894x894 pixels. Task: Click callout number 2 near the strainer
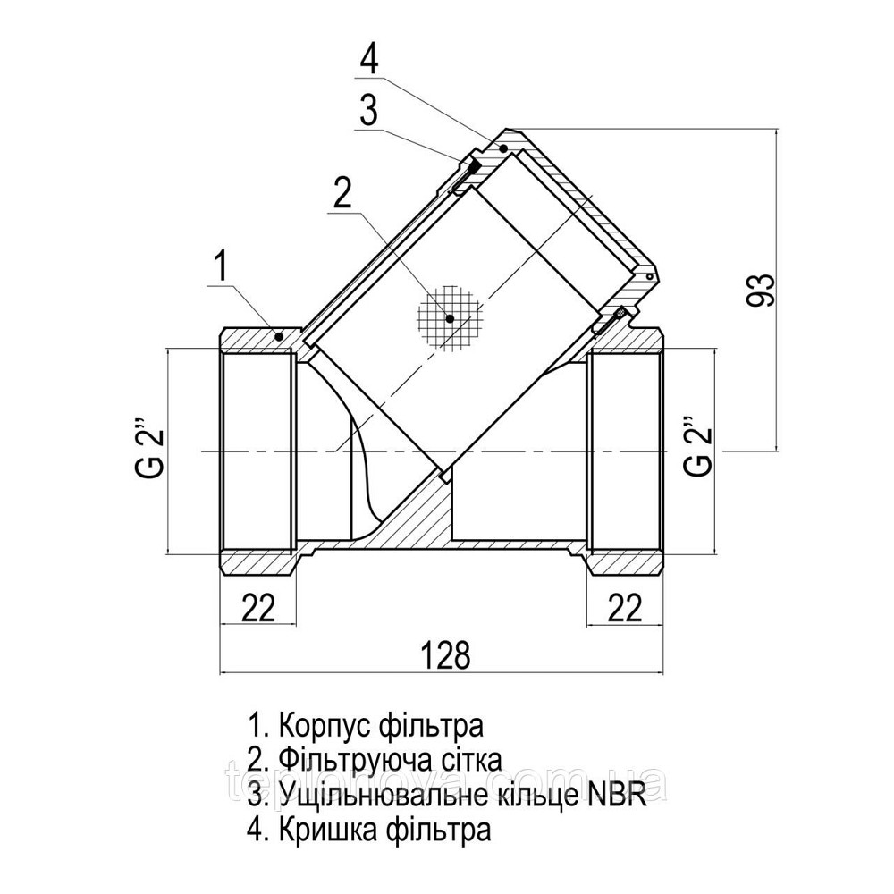(342, 194)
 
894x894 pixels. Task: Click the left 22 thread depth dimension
(258, 608)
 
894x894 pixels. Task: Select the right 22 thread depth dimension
(626, 608)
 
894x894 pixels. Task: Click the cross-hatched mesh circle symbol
(451, 317)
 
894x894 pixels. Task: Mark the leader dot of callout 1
(279, 336)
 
